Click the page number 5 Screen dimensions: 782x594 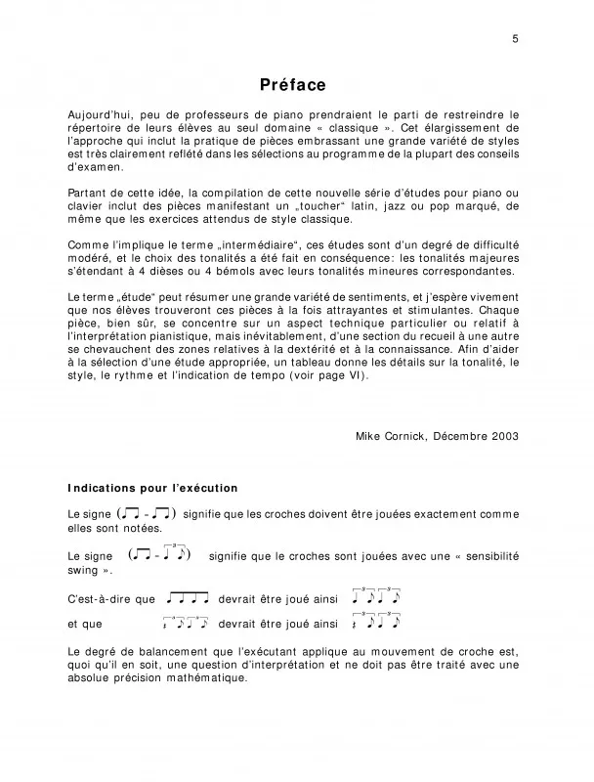coord(514,38)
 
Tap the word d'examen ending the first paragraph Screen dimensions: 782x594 coord(96,167)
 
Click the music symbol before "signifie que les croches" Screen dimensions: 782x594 coord(147,513)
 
